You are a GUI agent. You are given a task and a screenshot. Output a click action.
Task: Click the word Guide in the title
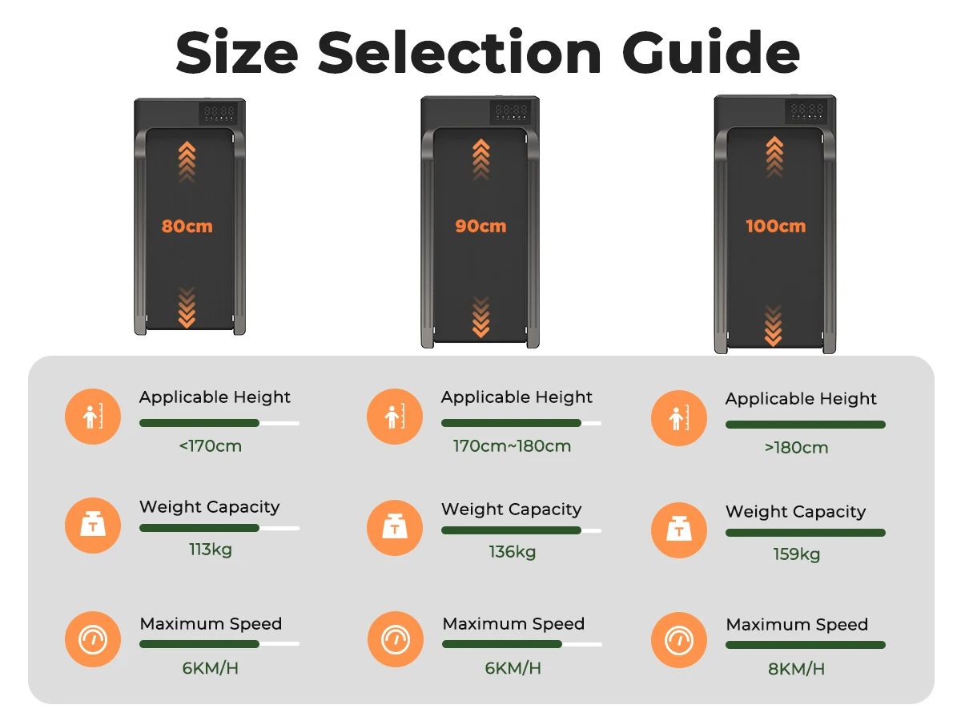(x=710, y=51)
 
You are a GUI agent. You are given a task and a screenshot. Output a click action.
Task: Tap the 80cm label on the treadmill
(x=187, y=227)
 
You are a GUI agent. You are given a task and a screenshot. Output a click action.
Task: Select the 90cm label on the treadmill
(x=480, y=226)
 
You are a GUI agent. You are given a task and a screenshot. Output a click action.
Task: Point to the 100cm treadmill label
(x=775, y=226)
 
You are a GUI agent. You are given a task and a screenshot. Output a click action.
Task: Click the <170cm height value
(x=210, y=446)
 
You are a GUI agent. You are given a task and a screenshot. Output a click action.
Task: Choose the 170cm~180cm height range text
(x=512, y=446)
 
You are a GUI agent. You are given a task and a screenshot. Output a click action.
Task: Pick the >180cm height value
(x=796, y=447)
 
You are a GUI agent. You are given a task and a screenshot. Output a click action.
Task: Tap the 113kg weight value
(x=210, y=550)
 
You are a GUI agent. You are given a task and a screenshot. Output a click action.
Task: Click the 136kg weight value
(x=513, y=552)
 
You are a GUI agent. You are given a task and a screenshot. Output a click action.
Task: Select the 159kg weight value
(x=796, y=554)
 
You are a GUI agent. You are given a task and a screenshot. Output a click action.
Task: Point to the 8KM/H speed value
(x=796, y=669)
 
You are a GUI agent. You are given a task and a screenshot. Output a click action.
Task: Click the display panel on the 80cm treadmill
(x=219, y=113)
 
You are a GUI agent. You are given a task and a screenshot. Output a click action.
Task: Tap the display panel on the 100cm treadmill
(x=806, y=111)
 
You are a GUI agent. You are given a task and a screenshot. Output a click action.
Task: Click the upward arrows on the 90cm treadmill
(x=480, y=159)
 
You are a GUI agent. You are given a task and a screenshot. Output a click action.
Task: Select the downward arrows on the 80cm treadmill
(x=187, y=308)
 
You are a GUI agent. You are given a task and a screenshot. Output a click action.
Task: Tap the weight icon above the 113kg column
(x=93, y=526)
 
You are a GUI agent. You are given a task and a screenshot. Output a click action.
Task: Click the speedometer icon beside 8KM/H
(x=678, y=640)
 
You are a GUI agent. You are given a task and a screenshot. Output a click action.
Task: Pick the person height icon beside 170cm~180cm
(x=395, y=417)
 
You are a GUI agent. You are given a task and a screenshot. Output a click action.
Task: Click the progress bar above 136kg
(x=521, y=530)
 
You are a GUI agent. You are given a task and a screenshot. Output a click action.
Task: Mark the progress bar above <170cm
(x=219, y=423)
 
